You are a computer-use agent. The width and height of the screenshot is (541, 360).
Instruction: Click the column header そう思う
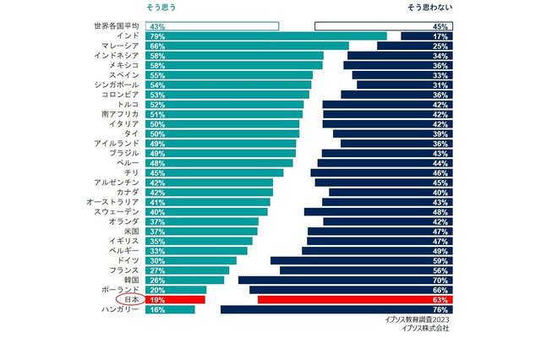click(x=161, y=8)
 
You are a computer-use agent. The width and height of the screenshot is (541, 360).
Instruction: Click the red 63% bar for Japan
click(x=354, y=299)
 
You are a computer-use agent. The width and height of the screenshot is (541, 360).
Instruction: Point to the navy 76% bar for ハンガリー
click(x=336, y=309)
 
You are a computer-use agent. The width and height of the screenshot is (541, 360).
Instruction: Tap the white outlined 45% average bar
click(x=383, y=26)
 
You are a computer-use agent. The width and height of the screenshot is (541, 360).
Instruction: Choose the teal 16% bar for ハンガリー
click(x=170, y=309)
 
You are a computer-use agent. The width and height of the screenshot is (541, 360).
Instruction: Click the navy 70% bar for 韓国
click(x=345, y=279)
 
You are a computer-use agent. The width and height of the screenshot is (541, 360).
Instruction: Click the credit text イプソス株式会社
click(x=425, y=330)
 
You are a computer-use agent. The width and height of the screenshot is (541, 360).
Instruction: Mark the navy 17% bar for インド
click(x=426, y=36)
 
